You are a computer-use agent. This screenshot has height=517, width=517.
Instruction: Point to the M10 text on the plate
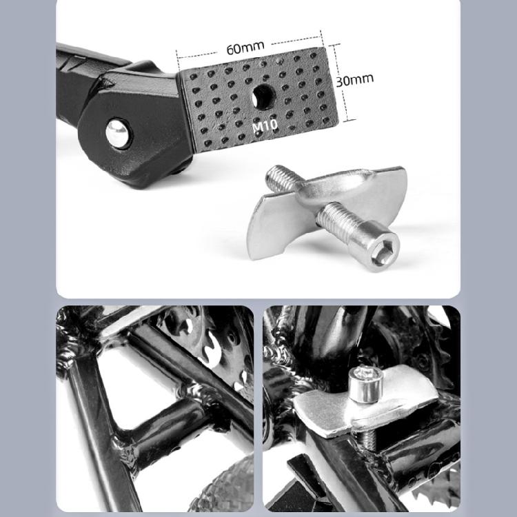(264, 128)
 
